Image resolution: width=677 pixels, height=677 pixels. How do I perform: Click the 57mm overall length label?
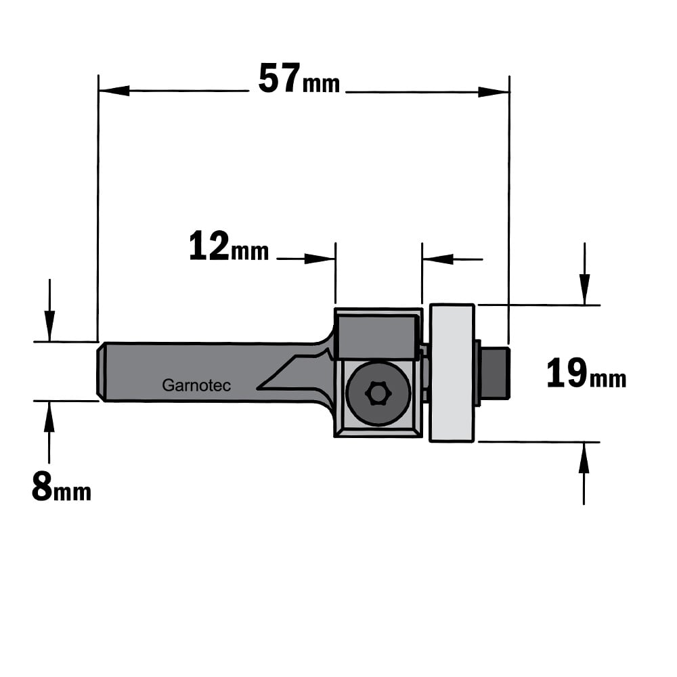pos(299,79)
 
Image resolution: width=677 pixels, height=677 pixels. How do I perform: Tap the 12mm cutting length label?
pos(229,246)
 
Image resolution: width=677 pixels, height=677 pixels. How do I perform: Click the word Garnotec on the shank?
pos(196,385)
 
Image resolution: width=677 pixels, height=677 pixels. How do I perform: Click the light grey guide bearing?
pos(452,373)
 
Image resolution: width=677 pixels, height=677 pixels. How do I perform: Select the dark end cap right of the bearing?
pos(495,373)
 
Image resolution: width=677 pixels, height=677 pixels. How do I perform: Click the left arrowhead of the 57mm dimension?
pos(114,91)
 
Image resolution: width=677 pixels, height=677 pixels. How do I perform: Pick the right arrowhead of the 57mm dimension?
pos(494,92)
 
